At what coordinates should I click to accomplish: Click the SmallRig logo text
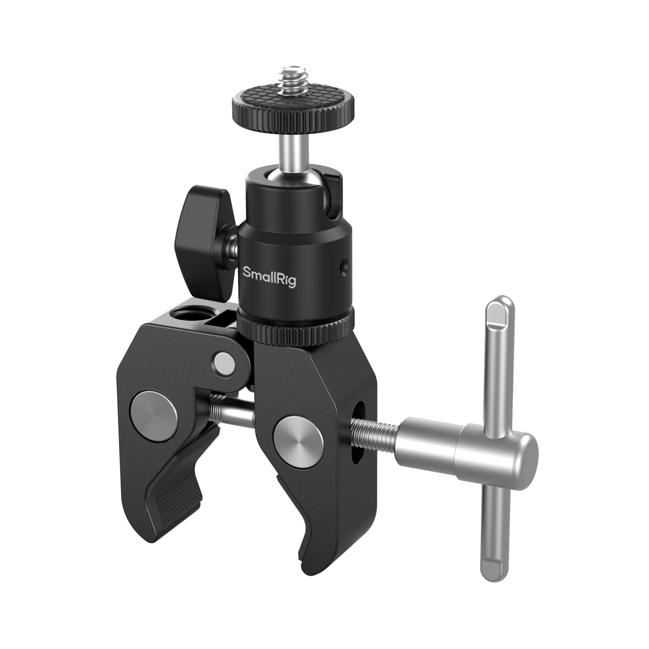[269, 277]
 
